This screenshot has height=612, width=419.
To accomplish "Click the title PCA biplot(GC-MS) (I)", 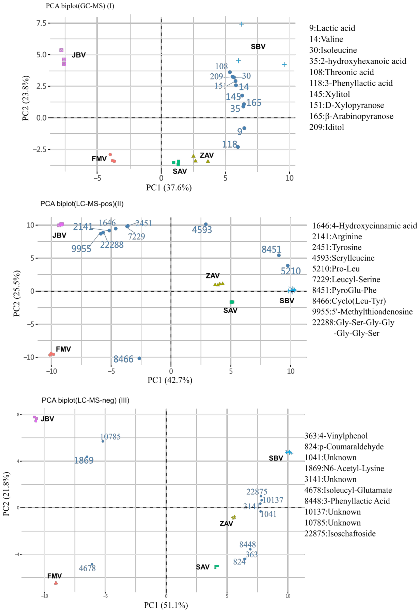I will [80, 6].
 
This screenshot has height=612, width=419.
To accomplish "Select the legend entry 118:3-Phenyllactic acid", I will [350, 83].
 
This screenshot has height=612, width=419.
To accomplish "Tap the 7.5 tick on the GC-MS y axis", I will [41, 23].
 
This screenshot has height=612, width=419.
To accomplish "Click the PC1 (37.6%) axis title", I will [169, 188].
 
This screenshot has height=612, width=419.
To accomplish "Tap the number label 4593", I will [202, 230].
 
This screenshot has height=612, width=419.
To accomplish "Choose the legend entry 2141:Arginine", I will [337, 236].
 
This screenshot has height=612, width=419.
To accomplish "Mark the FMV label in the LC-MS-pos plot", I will [63, 349].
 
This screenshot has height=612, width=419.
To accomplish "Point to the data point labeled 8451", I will [279, 255].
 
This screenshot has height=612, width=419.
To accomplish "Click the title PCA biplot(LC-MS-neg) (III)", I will [85, 400].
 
